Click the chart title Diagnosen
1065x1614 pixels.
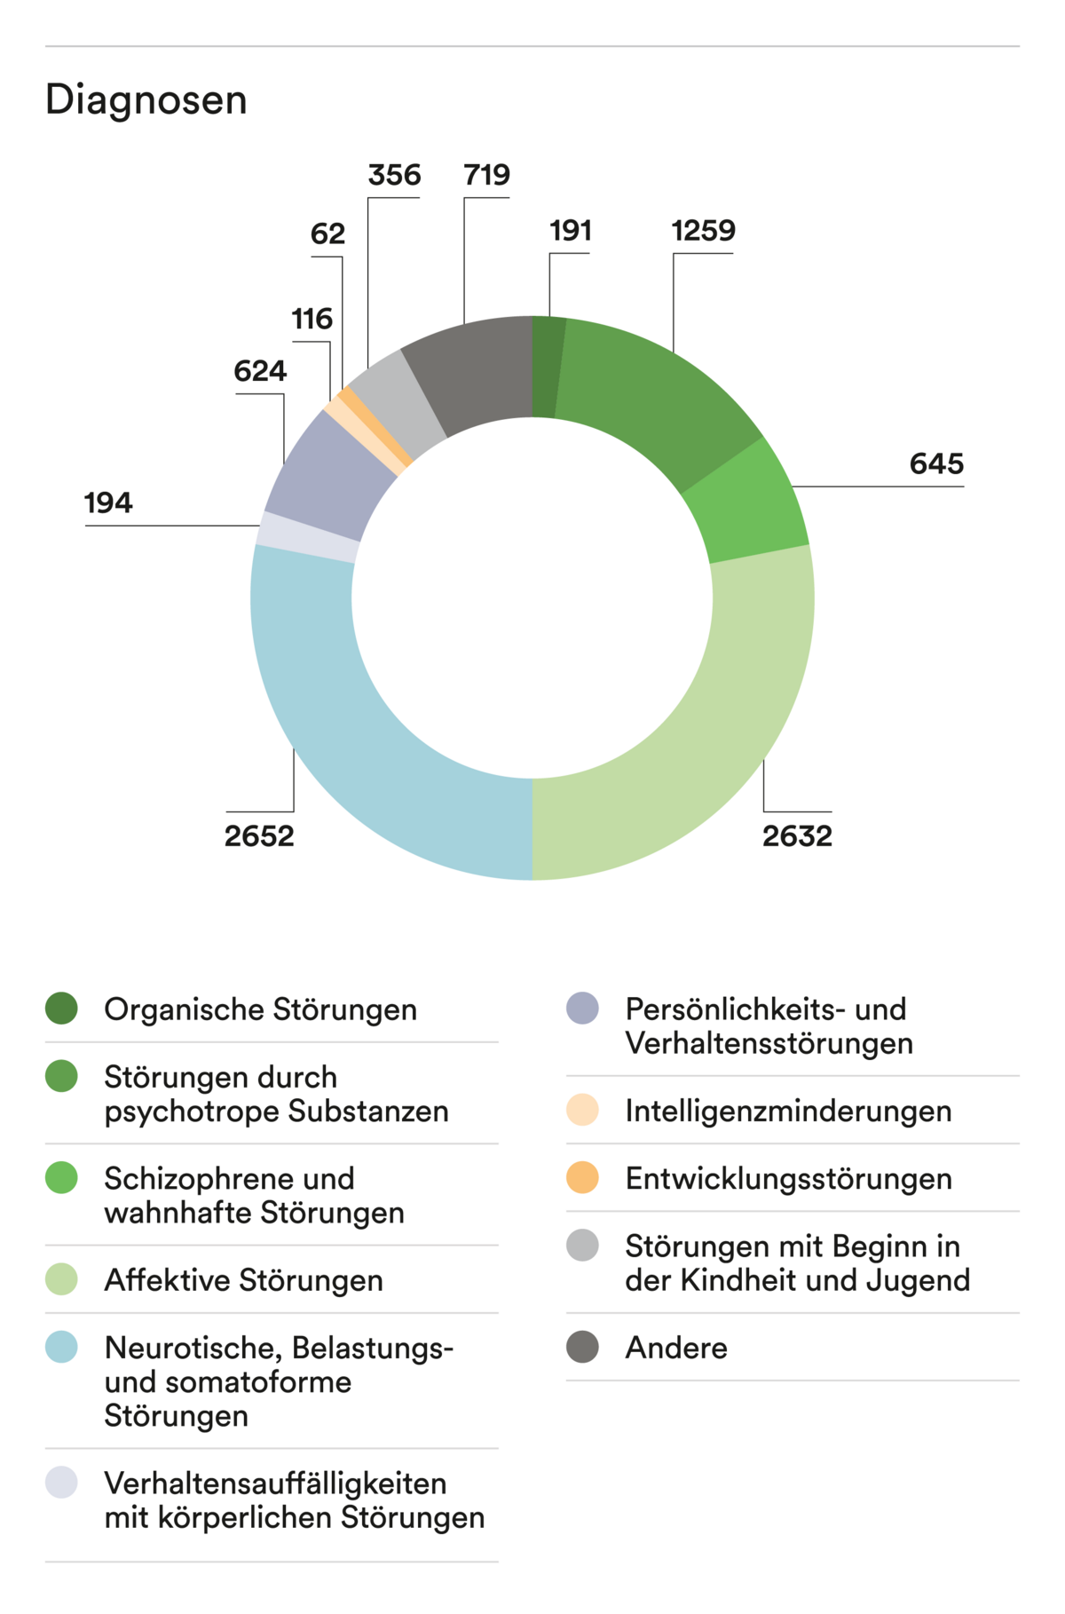coord(146,99)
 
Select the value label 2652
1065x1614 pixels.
coord(259,836)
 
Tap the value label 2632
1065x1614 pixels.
coord(797,836)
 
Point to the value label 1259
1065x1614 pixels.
coord(703,231)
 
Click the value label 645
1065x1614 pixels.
coord(936,463)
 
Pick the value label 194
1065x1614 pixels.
coord(108,503)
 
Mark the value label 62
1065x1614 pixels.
coord(327,234)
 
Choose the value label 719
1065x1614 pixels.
coord(486,175)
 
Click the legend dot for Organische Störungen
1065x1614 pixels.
coord(62,1009)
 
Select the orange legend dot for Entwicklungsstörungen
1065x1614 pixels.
coord(582,1178)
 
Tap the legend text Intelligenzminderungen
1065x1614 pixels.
coord(788,1111)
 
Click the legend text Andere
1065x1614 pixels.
coord(676,1348)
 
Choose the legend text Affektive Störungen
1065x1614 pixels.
coord(243,1280)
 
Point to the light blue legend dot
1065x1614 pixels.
coord(62,1348)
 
